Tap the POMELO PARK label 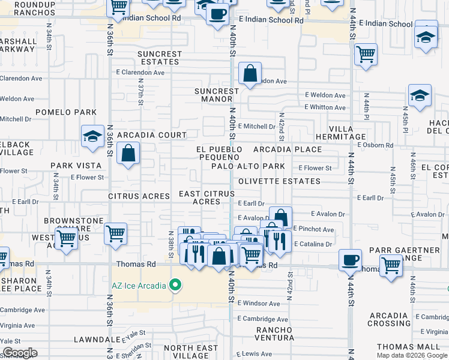[x=66, y=112]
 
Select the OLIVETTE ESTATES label [x=279, y=181]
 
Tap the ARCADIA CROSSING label [x=388, y=320]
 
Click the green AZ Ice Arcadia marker [x=175, y=285]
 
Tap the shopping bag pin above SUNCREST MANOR [x=250, y=74]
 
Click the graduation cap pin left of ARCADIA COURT [x=94, y=137]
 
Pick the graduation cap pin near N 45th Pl [x=420, y=96]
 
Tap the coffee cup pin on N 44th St [x=350, y=261]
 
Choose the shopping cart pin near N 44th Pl [x=365, y=55]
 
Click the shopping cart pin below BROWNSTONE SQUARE [x=66, y=238]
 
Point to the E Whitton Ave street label [x=325, y=107]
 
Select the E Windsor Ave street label [x=259, y=304]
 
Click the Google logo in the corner [x=20, y=353]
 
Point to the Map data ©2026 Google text [x=412, y=355]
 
